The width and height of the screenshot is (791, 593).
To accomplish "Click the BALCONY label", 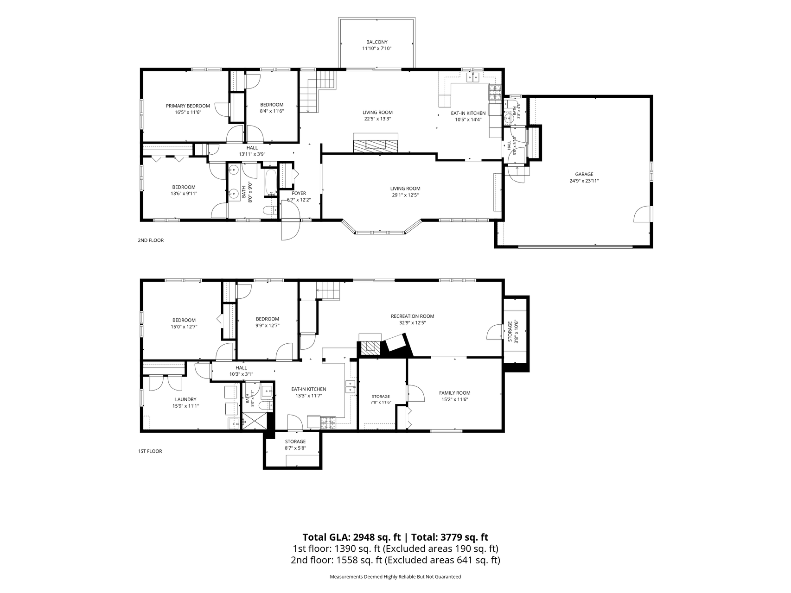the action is pyautogui.click(x=376, y=42).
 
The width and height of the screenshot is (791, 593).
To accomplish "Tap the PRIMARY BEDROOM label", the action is pyautogui.click(x=188, y=106).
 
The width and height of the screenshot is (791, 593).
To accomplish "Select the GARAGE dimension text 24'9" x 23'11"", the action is pyautogui.click(x=584, y=181).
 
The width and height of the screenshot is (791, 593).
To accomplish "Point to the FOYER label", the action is pyautogui.click(x=299, y=194).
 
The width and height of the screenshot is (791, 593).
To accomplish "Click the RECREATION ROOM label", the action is pyautogui.click(x=412, y=316).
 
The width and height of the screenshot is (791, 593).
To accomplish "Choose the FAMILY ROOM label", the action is pyautogui.click(x=454, y=393).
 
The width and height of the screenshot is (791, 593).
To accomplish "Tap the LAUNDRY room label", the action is pyautogui.click(x=185, y=399).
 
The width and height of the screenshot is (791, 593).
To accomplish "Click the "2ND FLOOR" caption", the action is pyautogui.click(x=151, y=240).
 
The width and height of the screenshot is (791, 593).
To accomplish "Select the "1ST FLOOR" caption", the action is pyautogui.click(x=150, y=451).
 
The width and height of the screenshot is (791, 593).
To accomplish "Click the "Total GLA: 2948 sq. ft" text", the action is pyautogui.click(x=351, y=537).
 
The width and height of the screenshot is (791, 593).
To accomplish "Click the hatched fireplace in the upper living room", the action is pyautogui.click(x=376, y=143).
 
